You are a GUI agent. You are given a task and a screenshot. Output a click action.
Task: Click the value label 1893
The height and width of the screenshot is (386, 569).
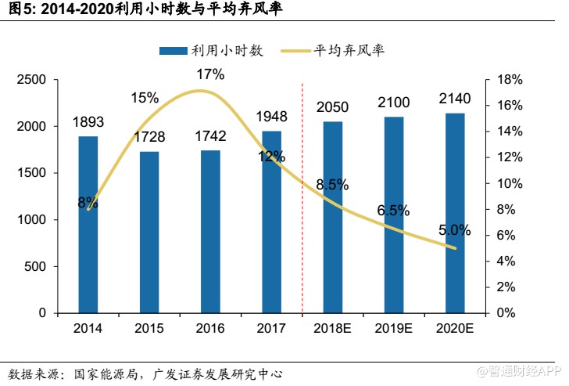(88, 122)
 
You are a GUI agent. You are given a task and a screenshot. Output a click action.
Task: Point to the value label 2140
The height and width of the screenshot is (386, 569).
(454, 99)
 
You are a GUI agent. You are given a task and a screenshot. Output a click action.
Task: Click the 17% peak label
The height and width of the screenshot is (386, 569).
(210, 74)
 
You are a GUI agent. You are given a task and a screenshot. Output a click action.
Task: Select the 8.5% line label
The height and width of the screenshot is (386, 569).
(332, 185)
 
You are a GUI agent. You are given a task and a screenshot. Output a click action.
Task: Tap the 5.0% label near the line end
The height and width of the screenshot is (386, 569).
(454, 230)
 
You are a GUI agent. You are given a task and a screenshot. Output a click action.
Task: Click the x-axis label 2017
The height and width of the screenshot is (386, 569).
(271, 327)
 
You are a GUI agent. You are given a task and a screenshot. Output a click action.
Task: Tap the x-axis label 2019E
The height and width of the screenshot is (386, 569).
(393, 327)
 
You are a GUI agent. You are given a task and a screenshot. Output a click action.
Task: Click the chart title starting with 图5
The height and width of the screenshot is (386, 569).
(141, 9)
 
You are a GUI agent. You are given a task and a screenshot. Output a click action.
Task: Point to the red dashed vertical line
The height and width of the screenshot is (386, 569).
(302, 196)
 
